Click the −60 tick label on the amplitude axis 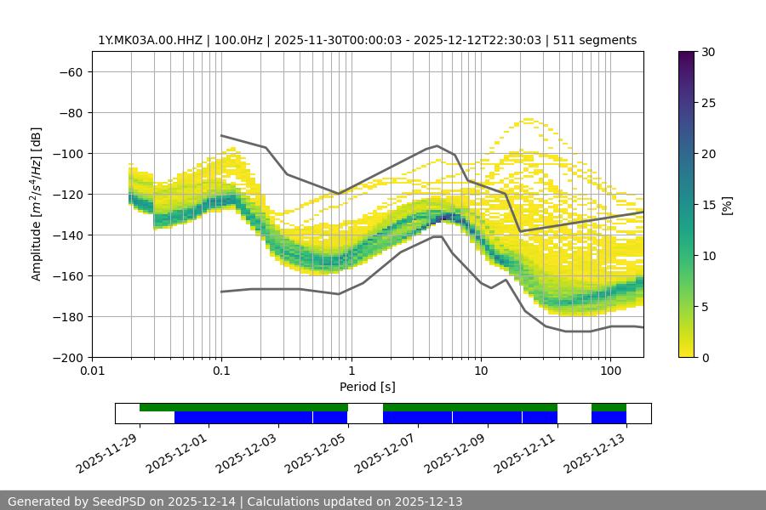point(70,71)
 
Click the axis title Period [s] point(367,387)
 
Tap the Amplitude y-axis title point(36,204)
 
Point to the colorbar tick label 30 point(708,52)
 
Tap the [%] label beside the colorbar point(727,205)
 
